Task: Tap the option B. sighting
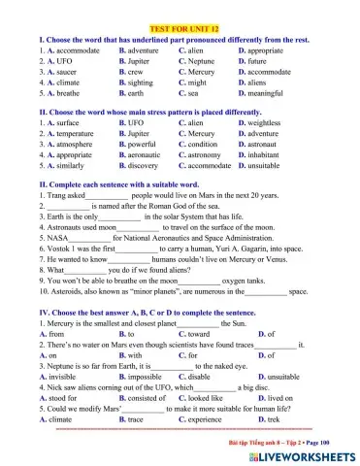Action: [138, 83]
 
